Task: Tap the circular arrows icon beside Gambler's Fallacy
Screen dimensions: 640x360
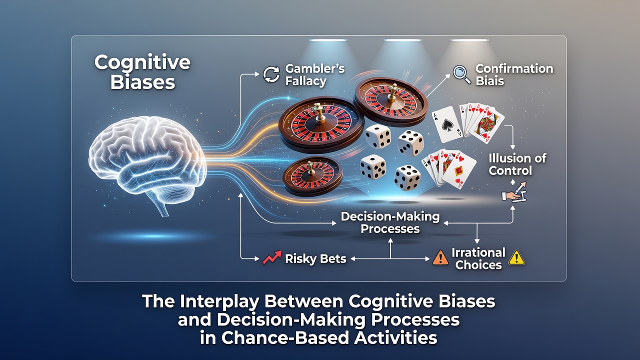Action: (x=271, y=74)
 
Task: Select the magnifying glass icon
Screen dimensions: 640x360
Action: (x=461, y=74)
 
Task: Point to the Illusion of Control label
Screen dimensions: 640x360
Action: (x=517, y=164)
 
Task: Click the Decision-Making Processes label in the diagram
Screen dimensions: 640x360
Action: (x=390, y=222)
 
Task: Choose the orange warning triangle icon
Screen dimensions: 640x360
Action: (x=440, y=257)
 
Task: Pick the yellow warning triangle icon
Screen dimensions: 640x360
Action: (x=516, y=257)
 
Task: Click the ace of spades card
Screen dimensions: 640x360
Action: (x=447, y=124)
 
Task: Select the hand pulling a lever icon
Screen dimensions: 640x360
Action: (x=514, y=192)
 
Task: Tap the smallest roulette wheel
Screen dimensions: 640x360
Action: (x=312, y=175)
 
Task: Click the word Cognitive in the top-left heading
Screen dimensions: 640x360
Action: (x=142, y=62)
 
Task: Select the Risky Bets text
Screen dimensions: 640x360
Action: (x=315, y=259)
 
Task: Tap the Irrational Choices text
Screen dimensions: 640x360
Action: (x=478, y=258)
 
